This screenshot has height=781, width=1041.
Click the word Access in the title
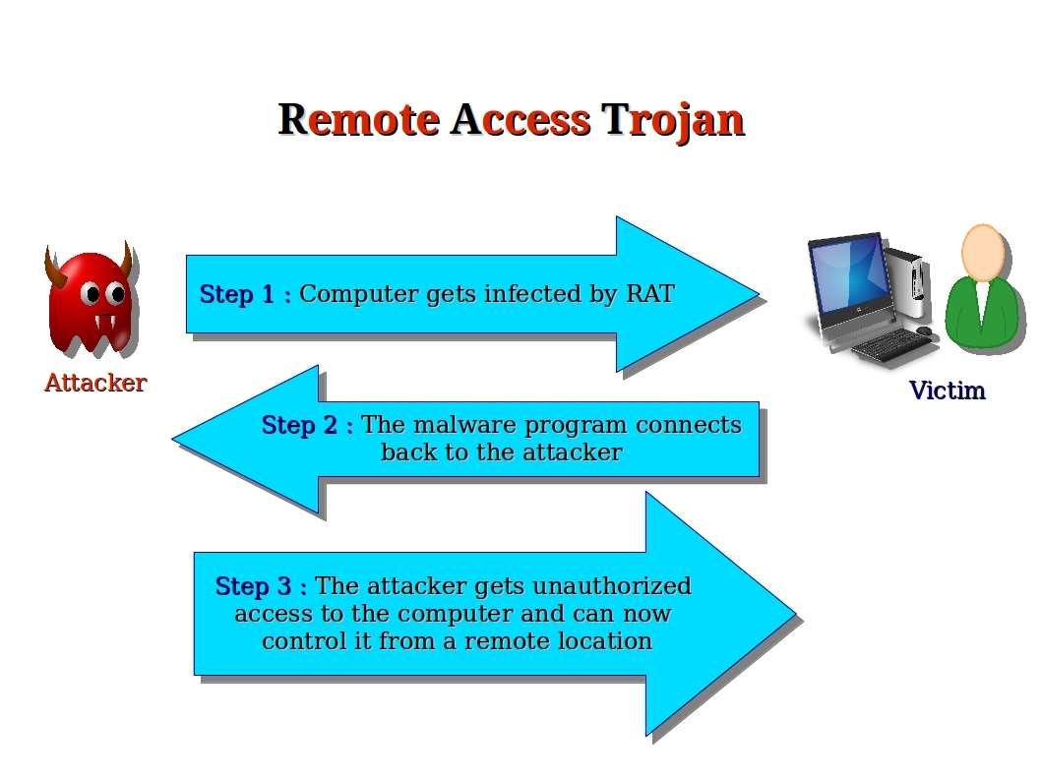(520, 120)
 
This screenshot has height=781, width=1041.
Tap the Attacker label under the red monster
(95, 383)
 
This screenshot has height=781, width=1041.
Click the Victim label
(947, 390)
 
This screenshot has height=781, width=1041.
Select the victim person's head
(981, 253)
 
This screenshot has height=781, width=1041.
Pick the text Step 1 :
(245, 294)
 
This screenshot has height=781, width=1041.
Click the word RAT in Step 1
(650, 294)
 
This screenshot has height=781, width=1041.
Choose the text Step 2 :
(307, 425)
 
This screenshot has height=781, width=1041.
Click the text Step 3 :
(261, 586)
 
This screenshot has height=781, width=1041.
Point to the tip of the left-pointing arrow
(175, 439)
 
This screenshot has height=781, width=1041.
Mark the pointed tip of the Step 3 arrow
(792, 614)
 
